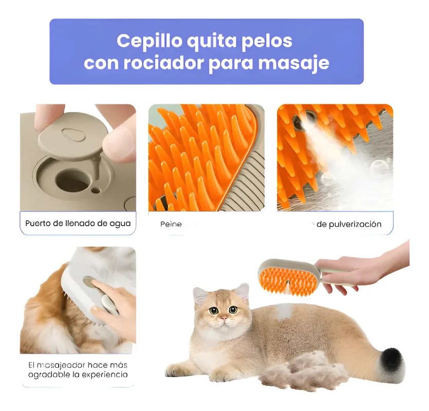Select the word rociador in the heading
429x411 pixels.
tap(169, 63)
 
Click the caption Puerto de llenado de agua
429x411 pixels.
tap(78, 223)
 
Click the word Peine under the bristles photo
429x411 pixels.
tap(171, 225)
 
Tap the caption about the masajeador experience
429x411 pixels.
tap(78, 369)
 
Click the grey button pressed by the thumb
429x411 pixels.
tap(89, 282)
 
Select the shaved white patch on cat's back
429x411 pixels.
tap(284, 310)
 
